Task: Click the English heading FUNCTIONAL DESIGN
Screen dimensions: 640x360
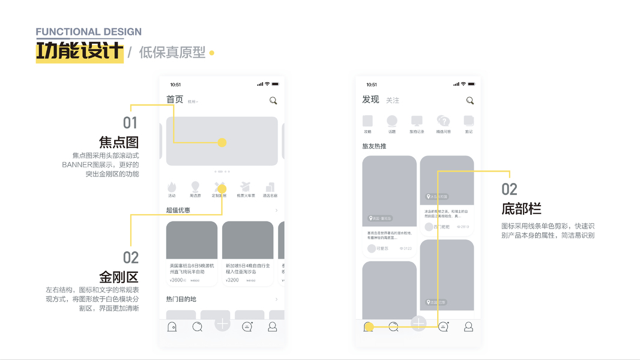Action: (89, 32)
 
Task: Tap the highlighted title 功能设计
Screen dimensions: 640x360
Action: (79, 52)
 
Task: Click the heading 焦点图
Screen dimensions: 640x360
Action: (119, 142)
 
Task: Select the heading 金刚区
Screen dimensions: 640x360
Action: (119, 277)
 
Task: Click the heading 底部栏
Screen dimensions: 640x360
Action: (521, 209)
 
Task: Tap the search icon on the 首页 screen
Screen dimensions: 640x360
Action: (273, 101)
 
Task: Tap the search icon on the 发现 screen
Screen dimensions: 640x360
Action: (470, 101)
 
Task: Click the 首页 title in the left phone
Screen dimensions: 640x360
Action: (175, 100)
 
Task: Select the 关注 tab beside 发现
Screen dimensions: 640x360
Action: (393, 100)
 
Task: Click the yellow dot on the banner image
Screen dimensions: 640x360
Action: (222, 143)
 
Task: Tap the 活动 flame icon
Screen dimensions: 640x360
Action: (172, 187)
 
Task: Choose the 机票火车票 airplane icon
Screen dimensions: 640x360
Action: (246, 187)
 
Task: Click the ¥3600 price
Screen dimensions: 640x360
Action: (177, 280)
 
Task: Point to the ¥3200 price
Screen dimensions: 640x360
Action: (233, 280)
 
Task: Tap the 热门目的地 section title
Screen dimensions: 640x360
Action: (181, 299)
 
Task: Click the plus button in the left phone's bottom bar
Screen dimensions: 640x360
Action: (222, 324)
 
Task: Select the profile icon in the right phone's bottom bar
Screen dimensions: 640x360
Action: (469, 327)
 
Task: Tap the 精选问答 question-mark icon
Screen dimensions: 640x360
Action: (443, 121)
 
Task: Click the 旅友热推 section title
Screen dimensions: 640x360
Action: (374, 146)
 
